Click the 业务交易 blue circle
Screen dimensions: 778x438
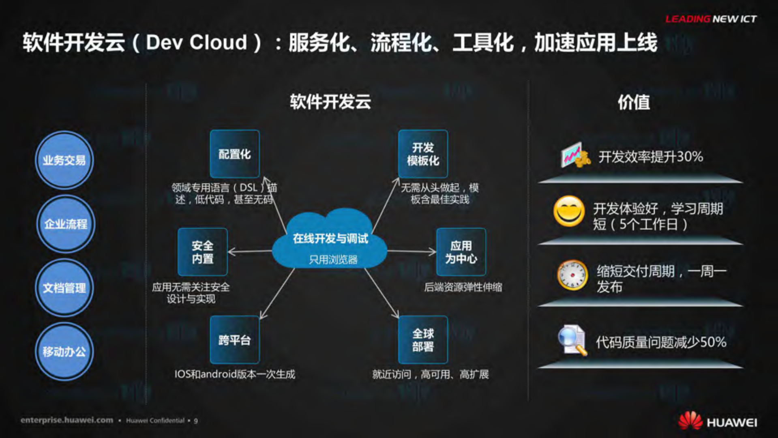(x=64, y=160)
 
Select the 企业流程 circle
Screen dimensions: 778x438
(x=65, y=224)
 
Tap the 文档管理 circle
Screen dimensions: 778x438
(x=64, y=288)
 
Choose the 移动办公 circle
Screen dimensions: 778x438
(x=64, y=351)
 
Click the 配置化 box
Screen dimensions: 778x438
(x=235, y=154)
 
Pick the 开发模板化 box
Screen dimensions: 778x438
(x=423, y=154)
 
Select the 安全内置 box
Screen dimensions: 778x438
(x=202, y=252)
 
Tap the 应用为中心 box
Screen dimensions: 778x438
(x=461, y=252)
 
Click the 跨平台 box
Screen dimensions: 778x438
(x=235, y=340)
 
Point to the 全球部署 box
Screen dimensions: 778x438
(x=423, y=340)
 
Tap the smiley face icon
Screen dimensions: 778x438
(x=569, y=211)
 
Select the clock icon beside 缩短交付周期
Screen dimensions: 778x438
(x=572, y=275)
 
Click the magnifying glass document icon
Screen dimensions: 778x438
(x=572, y=341)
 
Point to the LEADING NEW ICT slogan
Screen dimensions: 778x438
(x=711, y=19)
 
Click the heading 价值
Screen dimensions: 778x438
(x=634, y=102)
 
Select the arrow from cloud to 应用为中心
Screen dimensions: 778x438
(x=411, y=251)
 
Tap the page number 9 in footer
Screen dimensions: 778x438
(x=196, y=421)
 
